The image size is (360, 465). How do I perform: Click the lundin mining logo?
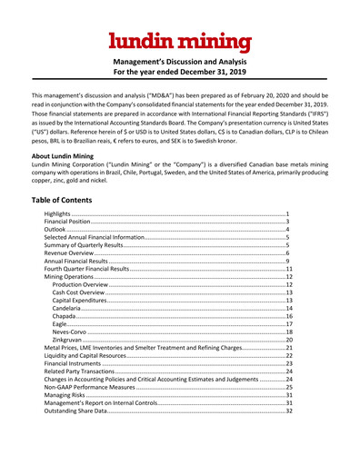179,41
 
